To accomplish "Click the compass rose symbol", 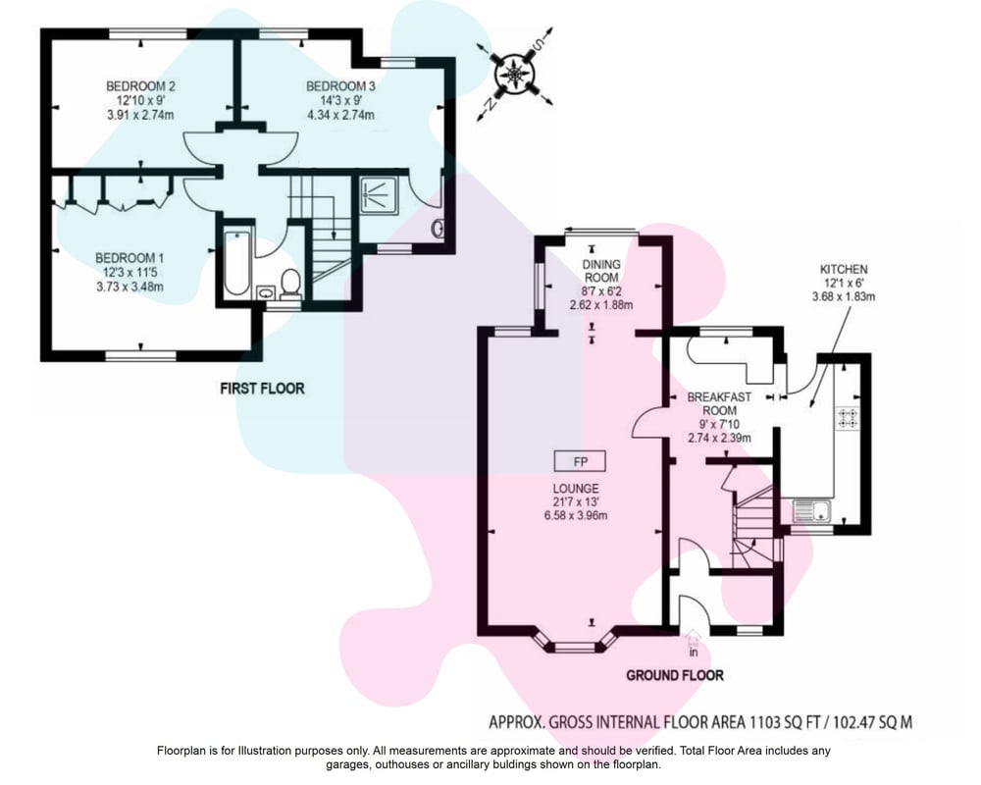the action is tap(514, 75).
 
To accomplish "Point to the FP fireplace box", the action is tap(580, 462).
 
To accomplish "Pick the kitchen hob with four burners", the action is tap(849, 418).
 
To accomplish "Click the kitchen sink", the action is tap(811, 510).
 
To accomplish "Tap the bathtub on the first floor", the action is tap(236, 263).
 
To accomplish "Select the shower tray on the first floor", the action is tap(379, 194).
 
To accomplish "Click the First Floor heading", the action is tap(262, 389).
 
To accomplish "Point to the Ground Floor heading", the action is tap(675, 675).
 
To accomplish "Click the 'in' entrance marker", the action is tap(693, 653).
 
